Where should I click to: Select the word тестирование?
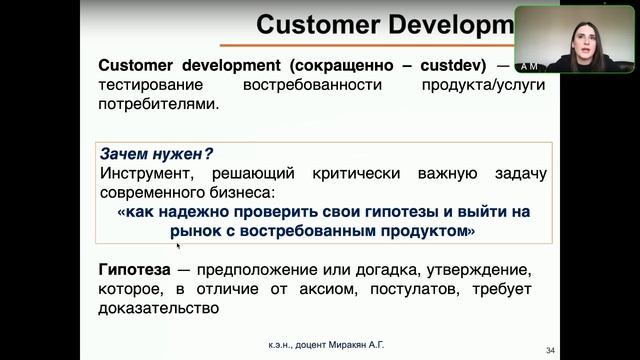152,85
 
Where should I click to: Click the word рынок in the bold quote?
196,231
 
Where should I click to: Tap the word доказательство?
158,308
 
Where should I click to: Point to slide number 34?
550,349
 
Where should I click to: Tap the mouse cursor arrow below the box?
178,243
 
